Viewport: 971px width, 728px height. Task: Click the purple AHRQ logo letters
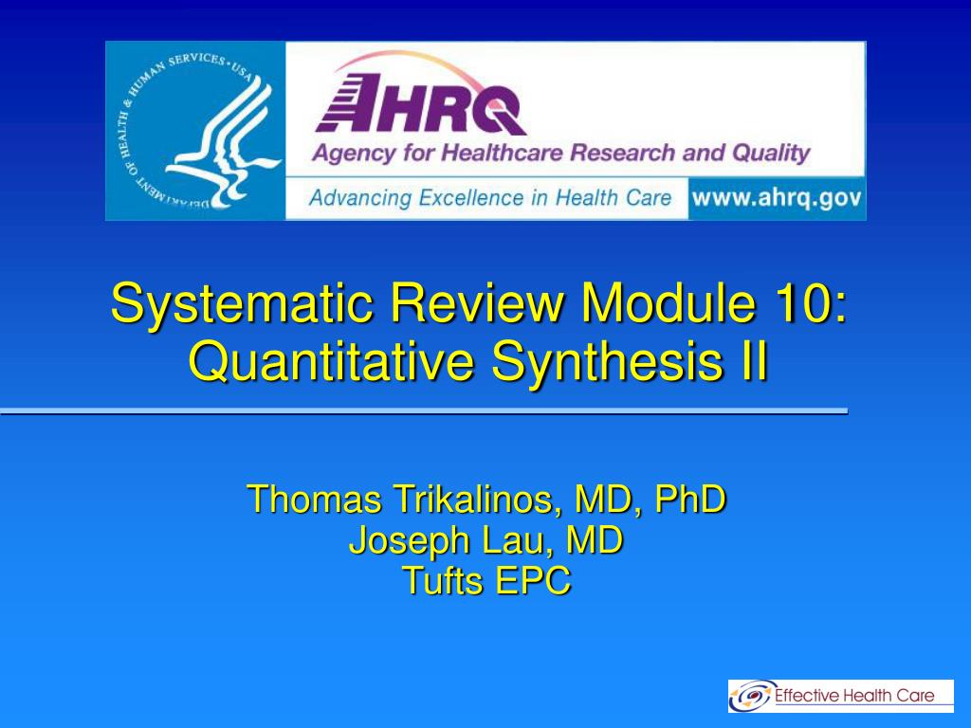pos(421,104)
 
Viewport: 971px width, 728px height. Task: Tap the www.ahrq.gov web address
pos(777,198)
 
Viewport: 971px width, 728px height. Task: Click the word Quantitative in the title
pos(331,362)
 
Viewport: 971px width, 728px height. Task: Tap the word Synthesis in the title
pos(606,363)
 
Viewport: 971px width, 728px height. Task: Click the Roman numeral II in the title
pos(754,361)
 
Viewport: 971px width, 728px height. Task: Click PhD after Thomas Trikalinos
pos(690,499)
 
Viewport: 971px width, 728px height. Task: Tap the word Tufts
pos(442,581)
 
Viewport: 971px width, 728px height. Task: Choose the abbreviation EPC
pos(533,581)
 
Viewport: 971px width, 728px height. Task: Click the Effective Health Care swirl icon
pos(751,696)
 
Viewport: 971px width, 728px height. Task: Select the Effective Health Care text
pos(854,695)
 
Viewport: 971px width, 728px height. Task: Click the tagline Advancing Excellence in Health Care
pos(490,198)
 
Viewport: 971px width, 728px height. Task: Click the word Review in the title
pos(476,302)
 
